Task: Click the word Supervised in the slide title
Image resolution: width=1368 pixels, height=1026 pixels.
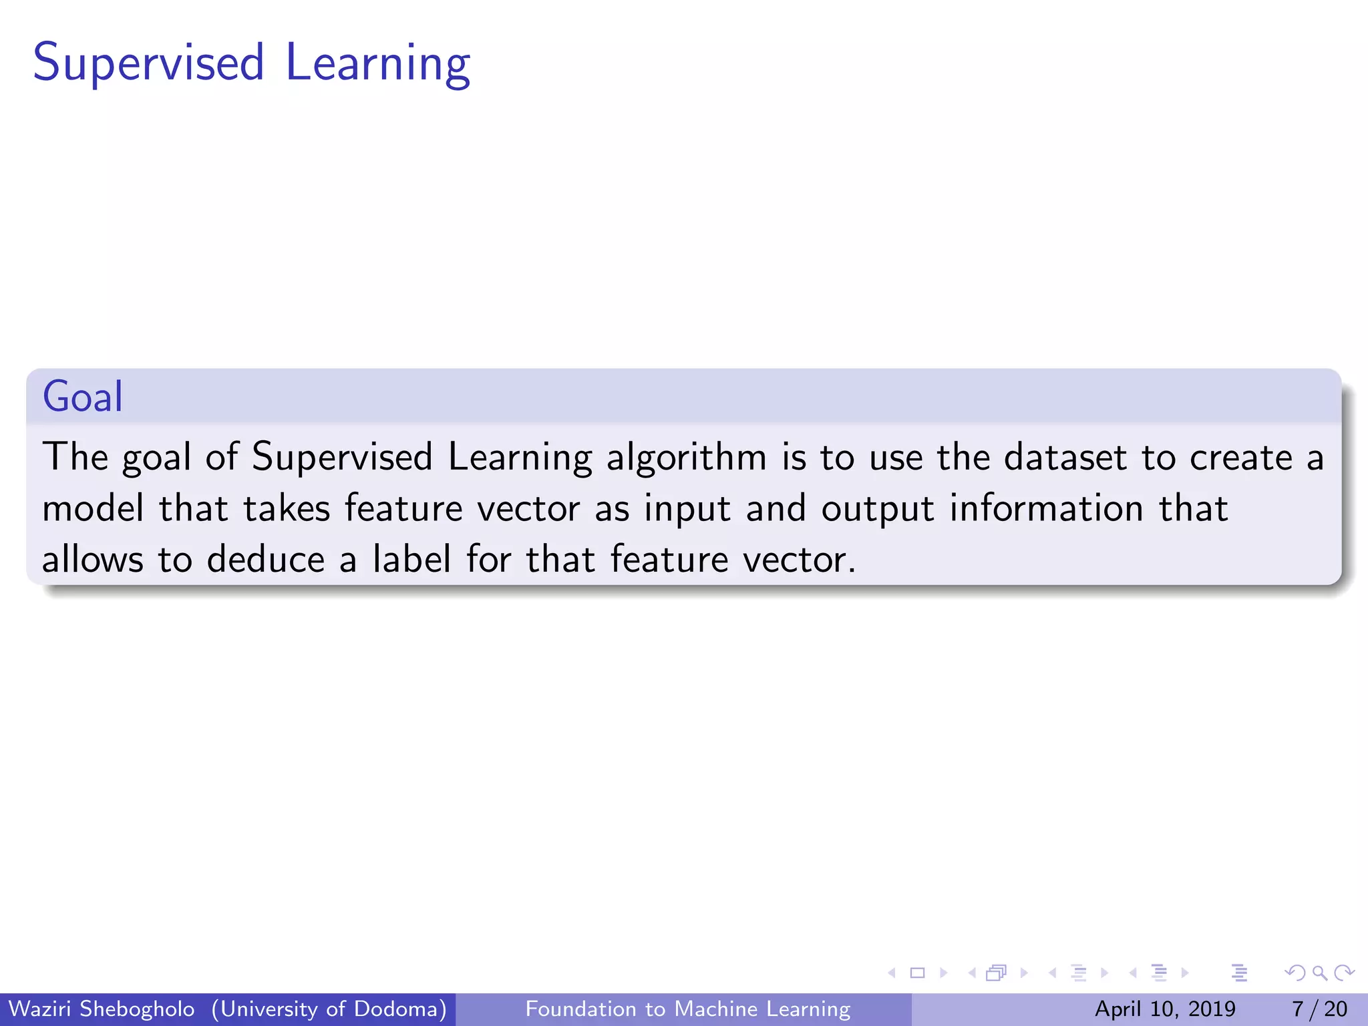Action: tap(148, 63)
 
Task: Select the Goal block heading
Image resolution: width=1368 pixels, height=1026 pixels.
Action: tap(83, 397)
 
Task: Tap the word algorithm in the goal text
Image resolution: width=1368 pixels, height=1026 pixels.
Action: tap(686, 458)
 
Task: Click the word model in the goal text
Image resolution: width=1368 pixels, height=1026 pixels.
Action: tap(93, 509)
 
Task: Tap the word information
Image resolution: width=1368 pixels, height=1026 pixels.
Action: tap(1046, 509)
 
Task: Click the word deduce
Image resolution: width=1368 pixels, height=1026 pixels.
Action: tap(265, 560)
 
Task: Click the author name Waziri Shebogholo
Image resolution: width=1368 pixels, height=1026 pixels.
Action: tap(102, 1009)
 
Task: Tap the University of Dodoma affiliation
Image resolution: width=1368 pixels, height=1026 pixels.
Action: tap(329, 1009)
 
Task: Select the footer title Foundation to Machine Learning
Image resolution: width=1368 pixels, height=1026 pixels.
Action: tap(688, 1009)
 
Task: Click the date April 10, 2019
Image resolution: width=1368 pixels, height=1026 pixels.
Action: tap(1165, 1009)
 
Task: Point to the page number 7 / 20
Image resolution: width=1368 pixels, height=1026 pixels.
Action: tap(1319, 1009)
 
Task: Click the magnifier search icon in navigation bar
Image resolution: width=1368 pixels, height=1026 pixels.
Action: tap(1319, 973)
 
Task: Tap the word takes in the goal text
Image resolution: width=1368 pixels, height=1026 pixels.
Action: tap(287, 509)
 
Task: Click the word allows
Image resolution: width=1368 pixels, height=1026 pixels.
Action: tap(92, 560)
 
